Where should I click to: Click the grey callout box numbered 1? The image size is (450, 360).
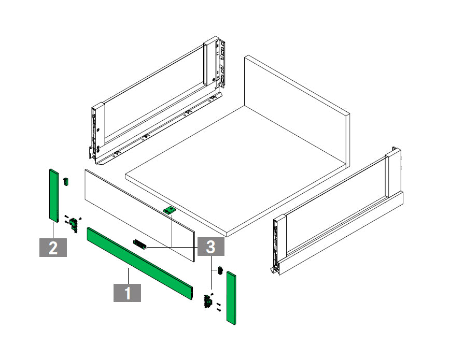127,292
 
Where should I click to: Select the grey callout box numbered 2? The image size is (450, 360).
53,247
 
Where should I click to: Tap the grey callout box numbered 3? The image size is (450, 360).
210,247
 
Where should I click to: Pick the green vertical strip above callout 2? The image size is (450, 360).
53,195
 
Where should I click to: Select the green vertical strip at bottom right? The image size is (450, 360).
231,298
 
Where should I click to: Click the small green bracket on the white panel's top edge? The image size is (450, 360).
170,210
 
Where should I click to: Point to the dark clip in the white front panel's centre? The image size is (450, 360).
140,243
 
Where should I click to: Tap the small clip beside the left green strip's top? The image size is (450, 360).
66,181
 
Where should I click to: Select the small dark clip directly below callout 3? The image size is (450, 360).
220,270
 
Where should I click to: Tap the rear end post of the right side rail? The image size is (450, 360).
393,171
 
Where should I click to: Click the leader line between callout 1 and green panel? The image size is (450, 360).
127,275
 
